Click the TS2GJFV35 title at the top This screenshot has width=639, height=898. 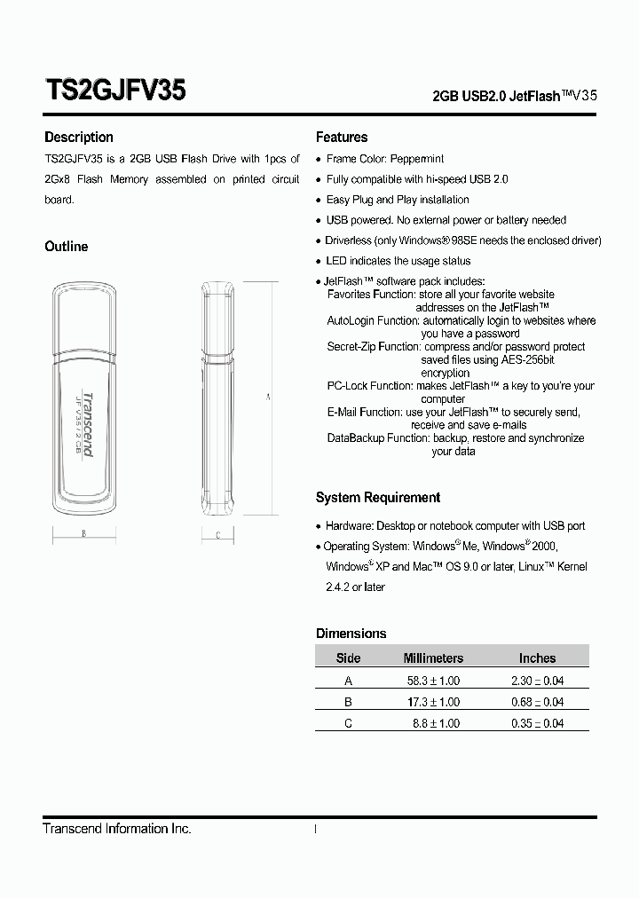click(114, 91)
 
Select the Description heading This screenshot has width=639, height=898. click(79, 138)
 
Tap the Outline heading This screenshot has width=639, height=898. click(67, 247)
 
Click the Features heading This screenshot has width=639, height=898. click(342, 138)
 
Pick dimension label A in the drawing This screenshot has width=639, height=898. click(268, 398)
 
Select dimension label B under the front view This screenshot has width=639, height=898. click(83, 534)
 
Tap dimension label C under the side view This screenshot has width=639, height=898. click(217, 535)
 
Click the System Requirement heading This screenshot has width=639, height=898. click(378, 498)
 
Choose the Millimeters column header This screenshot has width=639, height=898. click(433, 658)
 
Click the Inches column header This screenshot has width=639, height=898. click(537, 658)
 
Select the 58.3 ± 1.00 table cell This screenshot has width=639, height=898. click(433, 681)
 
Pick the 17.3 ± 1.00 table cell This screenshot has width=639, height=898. click(433, 702)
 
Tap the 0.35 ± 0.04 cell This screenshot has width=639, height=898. click(537, 723)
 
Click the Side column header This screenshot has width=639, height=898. click(348, 658)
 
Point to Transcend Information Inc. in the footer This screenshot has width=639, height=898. click(117, 829)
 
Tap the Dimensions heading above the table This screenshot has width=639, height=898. click(351, 634)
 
